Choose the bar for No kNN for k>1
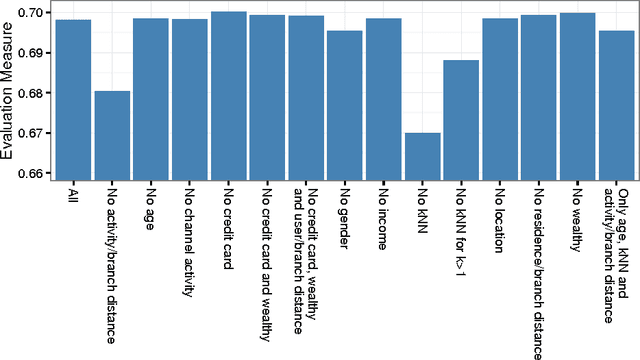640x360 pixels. coord(461,119)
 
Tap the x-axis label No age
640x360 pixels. coord(152,211)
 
